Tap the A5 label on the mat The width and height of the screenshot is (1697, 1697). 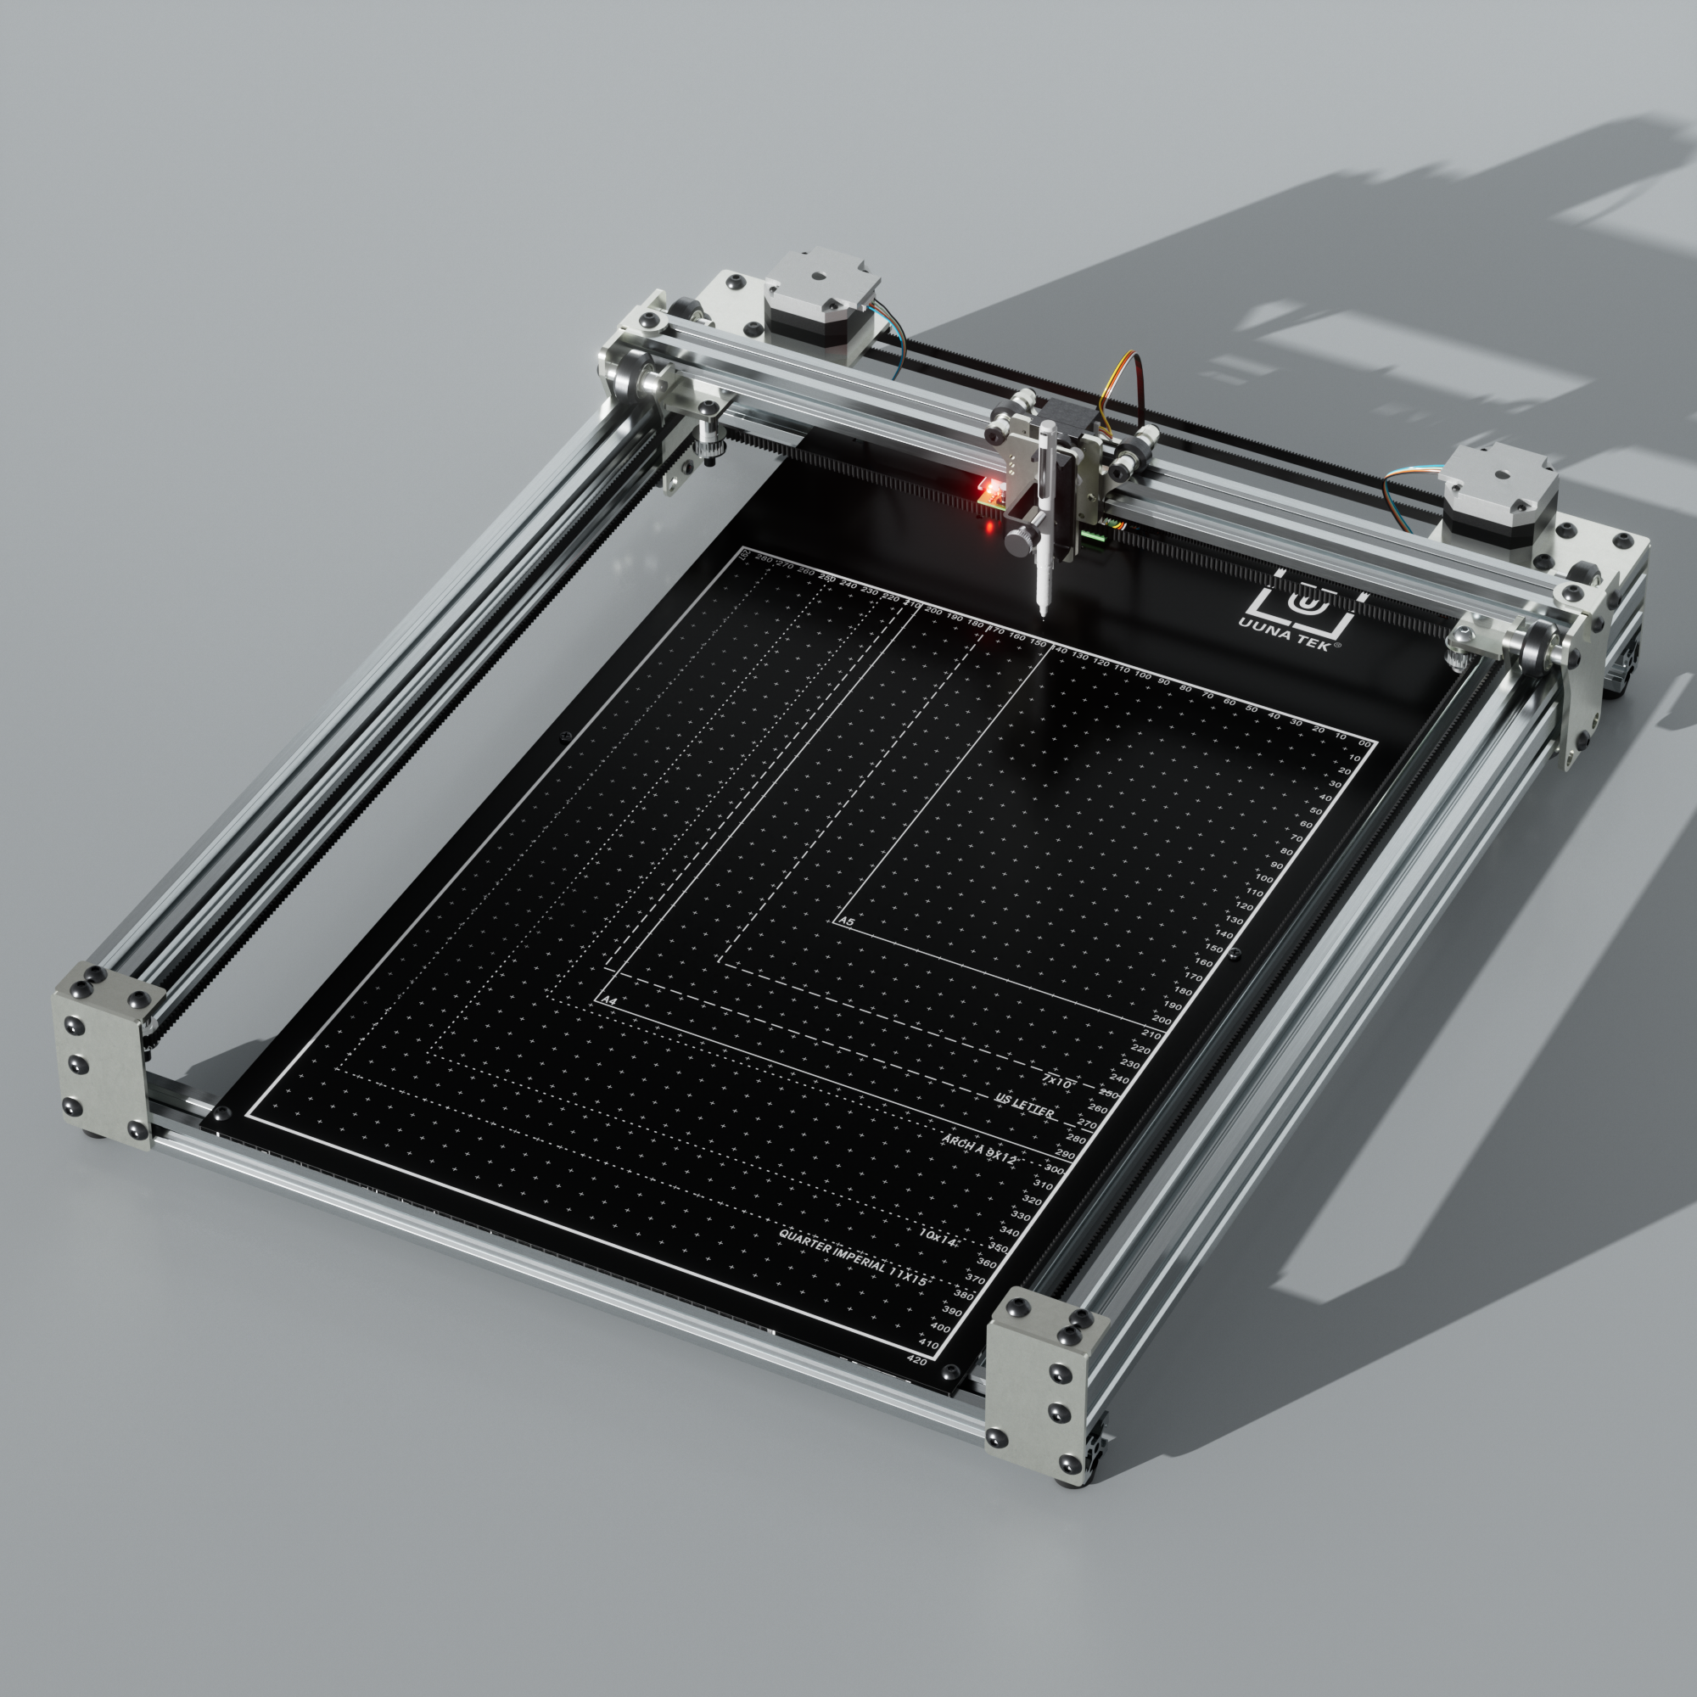(x=848, y=922)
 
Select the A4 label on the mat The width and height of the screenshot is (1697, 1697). (x=608, y=1000)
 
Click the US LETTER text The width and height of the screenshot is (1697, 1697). (x=1024, y=1105)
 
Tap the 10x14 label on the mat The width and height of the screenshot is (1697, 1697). (x=938, y=1238)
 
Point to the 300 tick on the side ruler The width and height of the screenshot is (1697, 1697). (x=1054, y=1170)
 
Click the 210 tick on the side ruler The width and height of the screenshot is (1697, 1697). (x=1151, y=1035)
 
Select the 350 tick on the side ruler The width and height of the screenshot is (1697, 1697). (x=998, y=1247)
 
